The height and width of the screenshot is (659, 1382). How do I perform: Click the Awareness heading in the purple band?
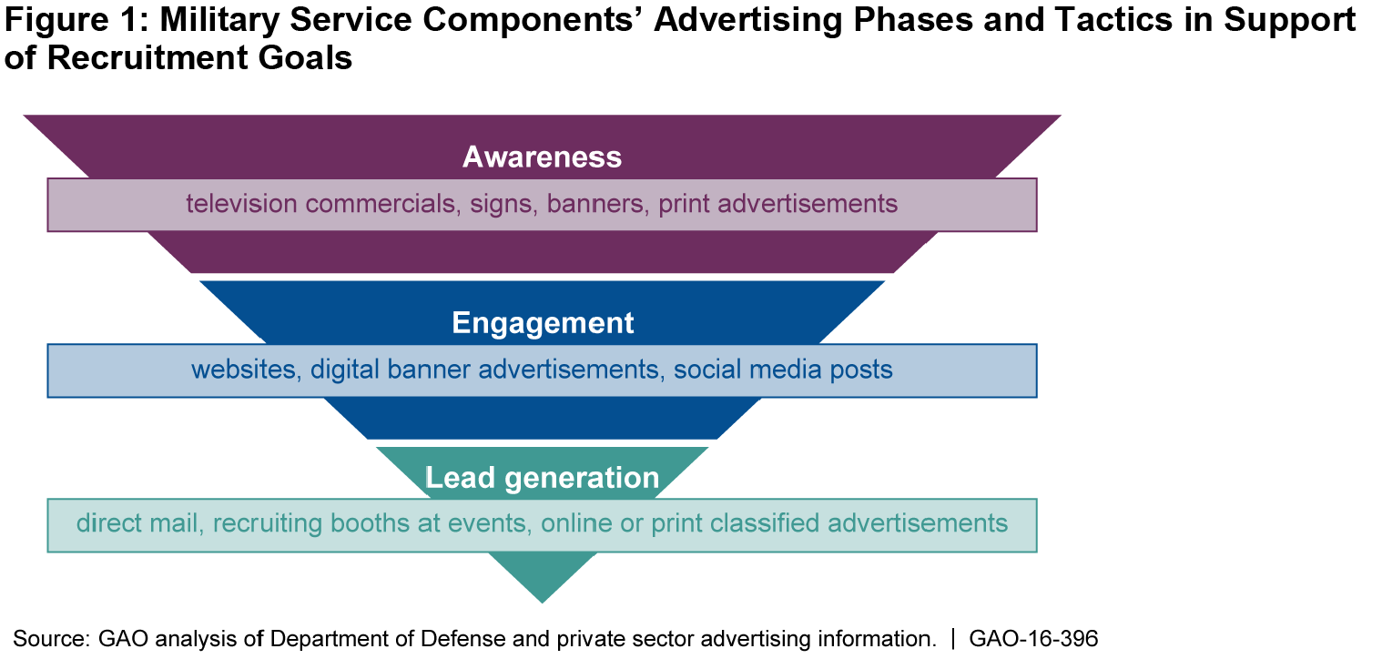[x=542, y=157]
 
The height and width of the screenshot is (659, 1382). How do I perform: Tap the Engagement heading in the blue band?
[x=543, y=323]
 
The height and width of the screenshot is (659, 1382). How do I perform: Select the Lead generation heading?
[x=542, y=478]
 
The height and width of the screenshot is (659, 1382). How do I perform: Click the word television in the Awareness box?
[x=242, y=203]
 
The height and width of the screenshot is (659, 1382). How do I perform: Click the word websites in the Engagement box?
[x=246, y=370]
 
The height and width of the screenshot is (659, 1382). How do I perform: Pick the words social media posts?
[x=783, y=370]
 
